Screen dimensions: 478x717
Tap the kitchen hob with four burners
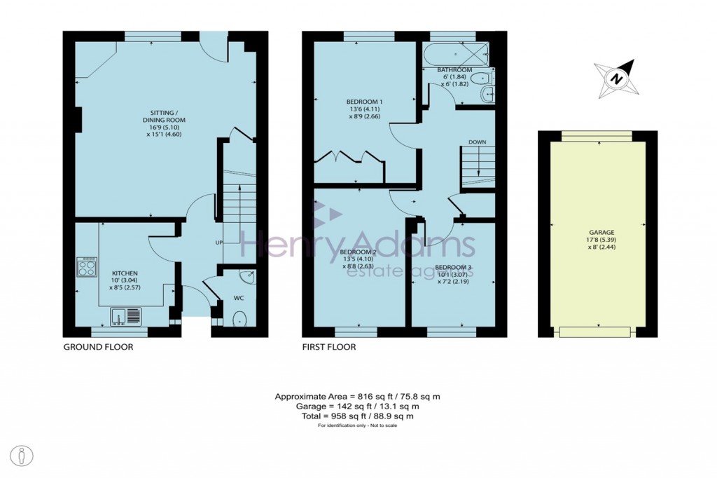coord(87,267)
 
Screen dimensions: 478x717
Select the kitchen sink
coord(126,317)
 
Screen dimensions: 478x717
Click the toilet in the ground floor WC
coord(240,319)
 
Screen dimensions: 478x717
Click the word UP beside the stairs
coord(218,243)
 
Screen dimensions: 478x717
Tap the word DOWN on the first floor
coord(477,142)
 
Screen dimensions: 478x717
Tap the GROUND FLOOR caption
coord(98,347)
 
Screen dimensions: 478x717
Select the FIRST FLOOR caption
coord(329,347)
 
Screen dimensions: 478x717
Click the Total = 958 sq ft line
coord(358,416)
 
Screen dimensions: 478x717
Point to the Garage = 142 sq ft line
coord(358,406)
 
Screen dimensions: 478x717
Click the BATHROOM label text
coord(454,71)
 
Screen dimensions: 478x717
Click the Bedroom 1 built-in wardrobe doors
coord(348,158)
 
